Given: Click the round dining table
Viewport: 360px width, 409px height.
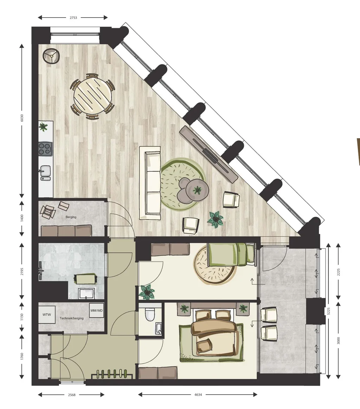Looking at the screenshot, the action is (92, 96).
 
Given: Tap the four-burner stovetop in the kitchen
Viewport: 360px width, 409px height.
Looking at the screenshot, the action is (45, 149).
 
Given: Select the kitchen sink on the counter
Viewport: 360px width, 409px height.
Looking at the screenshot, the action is (45, 172).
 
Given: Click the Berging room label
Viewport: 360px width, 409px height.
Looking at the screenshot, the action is (71, 217).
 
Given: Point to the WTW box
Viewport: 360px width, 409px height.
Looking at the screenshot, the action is (47, 315).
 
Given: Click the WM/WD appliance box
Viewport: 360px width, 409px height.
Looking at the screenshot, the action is (96, 311).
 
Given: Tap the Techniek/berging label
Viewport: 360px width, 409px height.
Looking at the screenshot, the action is (72, 318).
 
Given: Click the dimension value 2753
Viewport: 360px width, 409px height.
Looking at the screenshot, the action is (73, 18).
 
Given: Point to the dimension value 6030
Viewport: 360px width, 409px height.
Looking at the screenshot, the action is (22, 118).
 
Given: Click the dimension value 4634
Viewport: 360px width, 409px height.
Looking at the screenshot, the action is (198, 395).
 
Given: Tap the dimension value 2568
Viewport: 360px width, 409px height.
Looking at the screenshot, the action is (72, 395).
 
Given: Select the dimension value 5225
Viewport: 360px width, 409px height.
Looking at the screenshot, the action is (328, 311).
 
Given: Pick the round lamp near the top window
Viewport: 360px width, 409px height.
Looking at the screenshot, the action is (51, 56).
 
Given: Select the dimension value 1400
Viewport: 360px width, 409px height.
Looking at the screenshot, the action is (22, 218).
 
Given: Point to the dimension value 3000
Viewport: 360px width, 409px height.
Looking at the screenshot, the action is (338, 341).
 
